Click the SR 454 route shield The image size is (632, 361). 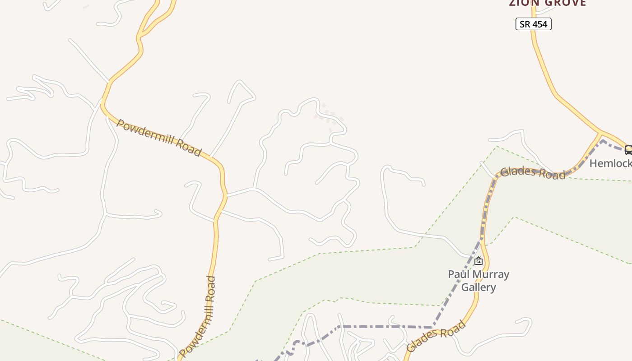pyautogui.click(x=533, y=24)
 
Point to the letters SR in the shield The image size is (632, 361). pyautogui.click(x=525, y=24)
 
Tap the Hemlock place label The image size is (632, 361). pyautogui.click(x=610, y=163)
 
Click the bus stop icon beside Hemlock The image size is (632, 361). pyautogui.click(x=628, y=150)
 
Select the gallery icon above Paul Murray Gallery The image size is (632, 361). pyautogui.click(x=479, y=261)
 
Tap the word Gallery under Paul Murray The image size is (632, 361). pyautogui.click(x=479, y=287)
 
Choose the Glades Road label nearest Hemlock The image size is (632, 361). pyautogui.click(x=533, y=173)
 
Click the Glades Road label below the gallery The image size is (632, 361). pyautogui.click(x=436, y=336)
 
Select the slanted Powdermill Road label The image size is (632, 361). pyautogui.click(x=158, y=138)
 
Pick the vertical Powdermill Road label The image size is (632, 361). pyautogui.click(x=204, y=316)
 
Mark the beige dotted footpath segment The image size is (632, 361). pyautogui.click(x=330, y=116)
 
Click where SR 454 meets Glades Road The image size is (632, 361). pyautogui.click(x=601, y=132)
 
